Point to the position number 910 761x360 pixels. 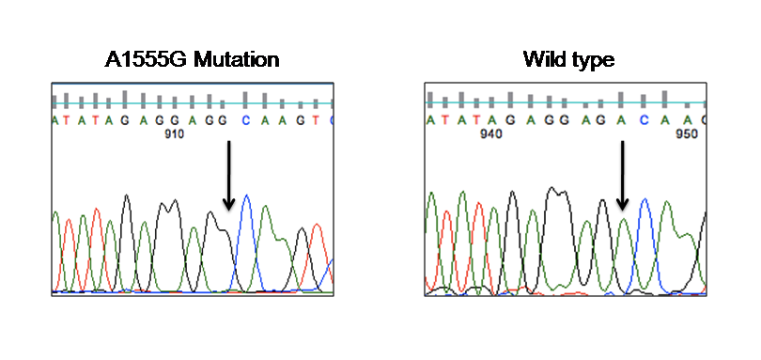click(174, 134)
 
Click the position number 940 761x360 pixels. click(490, 134)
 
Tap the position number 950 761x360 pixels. click(687, 134)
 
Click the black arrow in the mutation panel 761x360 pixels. click(228, 176)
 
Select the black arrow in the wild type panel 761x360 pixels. click(622, 176)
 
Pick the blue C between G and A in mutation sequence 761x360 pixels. click(245, 121)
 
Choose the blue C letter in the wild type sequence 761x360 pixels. click(644, 120)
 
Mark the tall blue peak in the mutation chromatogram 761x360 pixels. click(246, 243)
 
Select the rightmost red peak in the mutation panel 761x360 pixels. click(317, 257)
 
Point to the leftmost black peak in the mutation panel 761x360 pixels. click(127, 243)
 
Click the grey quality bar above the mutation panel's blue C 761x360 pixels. click(245, 100)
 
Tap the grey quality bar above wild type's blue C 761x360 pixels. click(644, 101)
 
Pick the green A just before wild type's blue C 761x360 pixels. click(621, 120)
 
